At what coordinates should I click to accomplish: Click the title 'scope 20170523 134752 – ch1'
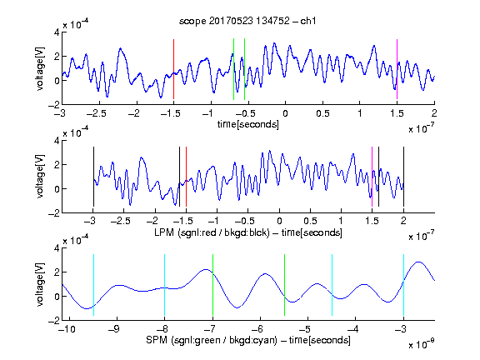click(x=247, y=21)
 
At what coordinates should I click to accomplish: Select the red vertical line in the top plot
click(x=173, y=69)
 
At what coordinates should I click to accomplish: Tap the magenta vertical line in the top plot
click(x=397, y=69)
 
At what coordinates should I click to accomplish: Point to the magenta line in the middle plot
click(x=372, y=177)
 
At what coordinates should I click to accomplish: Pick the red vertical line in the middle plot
click(x=186, y=177)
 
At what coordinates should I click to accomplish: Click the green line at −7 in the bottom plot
click(x=212, y=285)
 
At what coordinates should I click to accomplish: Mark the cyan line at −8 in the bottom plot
click(x=164, y=285)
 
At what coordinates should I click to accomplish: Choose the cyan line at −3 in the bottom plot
click(x=403, y=285)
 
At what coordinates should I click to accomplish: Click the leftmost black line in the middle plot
click(x=93, y=177)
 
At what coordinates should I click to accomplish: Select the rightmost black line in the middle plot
click(x=403, y=177)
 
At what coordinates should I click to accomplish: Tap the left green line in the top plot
click(x=233, y=69)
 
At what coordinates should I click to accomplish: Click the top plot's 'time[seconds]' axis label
click(x=248, y=124)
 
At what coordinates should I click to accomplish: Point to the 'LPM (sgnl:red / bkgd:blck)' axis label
click(x=212, y=232)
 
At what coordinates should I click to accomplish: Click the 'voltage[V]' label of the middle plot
click(x=40, y=177)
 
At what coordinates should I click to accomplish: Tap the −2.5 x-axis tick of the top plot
click(x=97, y=113)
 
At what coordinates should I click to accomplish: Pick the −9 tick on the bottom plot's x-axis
click(x=113, y=329)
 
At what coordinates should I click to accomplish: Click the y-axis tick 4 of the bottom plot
click(x=57, y=248)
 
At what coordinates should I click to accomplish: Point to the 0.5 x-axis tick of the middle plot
click(x=310, y=221)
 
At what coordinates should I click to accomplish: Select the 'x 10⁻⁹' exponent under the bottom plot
click(x=421, y=344)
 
